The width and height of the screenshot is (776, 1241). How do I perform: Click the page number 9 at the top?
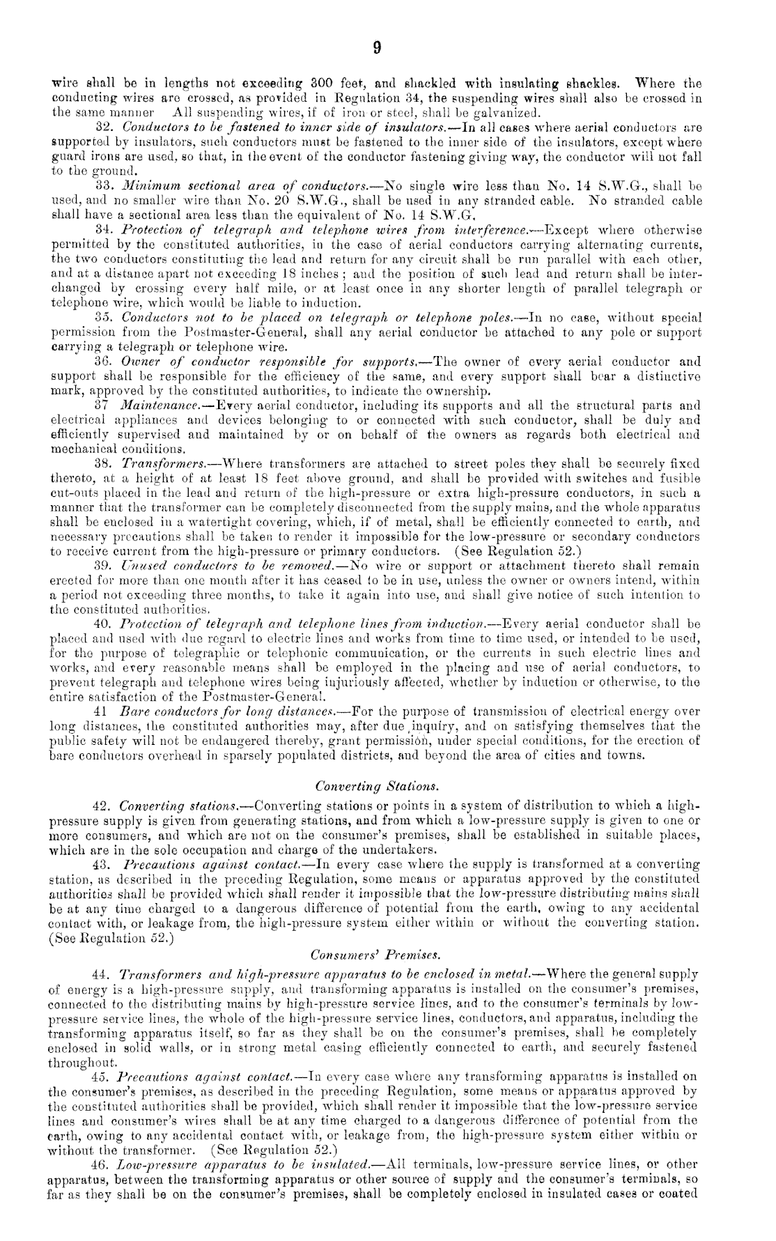pos(377,48)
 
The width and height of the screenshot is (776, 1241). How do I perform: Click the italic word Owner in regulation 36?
pos(139,363)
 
